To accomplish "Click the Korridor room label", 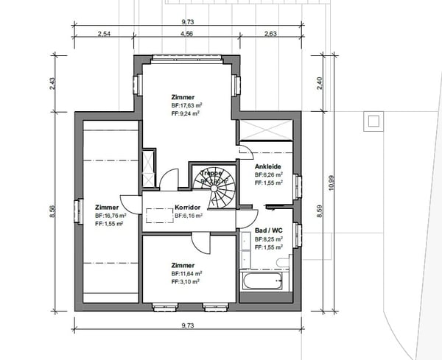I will point(189,208).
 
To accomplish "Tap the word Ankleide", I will point(267,167).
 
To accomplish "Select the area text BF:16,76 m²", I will point(110,216).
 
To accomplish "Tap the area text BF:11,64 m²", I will point(186,273).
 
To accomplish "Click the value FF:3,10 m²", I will point(186,281).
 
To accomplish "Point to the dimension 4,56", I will point(186,34).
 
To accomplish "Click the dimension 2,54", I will point(103,34).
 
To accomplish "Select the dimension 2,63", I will point(270,34).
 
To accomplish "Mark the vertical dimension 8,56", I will point(53,211).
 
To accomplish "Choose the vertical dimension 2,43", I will point(53,83).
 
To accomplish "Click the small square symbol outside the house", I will point(373,121).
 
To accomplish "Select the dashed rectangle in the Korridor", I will point(158,215).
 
